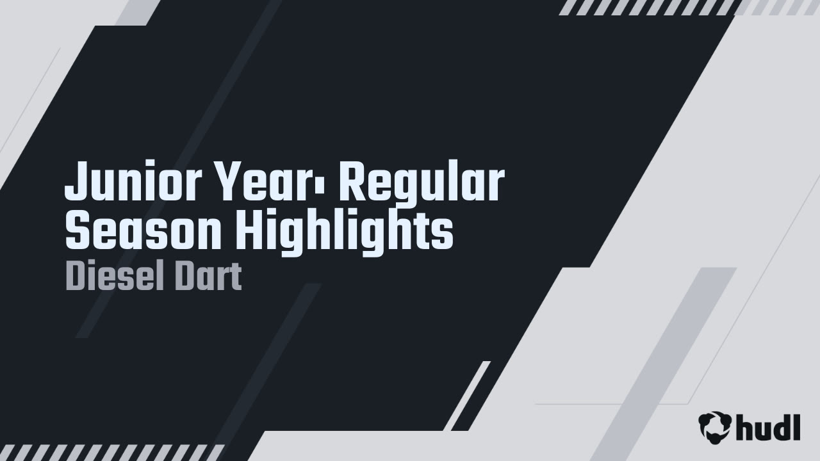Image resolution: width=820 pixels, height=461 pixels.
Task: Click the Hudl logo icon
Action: (x=715, y=426)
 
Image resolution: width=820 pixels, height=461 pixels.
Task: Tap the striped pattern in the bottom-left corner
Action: (x=112, y=452)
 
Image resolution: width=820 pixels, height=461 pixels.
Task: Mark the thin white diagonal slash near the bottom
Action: (x=467, y=396)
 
